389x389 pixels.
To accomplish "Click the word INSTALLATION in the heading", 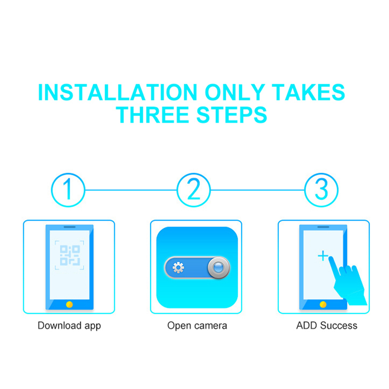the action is (117, 92).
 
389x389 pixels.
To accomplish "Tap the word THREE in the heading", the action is (152, 115).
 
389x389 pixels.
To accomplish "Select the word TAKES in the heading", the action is (308, 92).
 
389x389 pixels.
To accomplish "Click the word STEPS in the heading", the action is (232, 115).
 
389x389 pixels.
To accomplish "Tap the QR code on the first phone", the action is (70, 255).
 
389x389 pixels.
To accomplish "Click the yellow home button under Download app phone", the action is (70, 304).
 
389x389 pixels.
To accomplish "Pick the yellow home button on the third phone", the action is (323, 304).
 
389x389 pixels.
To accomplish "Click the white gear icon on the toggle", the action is (178, 268).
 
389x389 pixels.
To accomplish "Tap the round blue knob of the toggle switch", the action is (218, 268).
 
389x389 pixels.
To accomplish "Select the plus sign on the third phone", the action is (323, 256).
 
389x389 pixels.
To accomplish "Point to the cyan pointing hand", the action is (347, 283).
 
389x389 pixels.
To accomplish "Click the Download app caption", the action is (69, 326).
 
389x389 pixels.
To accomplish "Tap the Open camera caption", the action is (197, 326).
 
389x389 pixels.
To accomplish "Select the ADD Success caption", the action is (327, 325).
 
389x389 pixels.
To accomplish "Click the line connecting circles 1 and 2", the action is (131, 190).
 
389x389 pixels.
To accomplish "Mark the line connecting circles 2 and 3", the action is (258, 190).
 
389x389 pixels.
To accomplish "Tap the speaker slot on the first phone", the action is (70, 227).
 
